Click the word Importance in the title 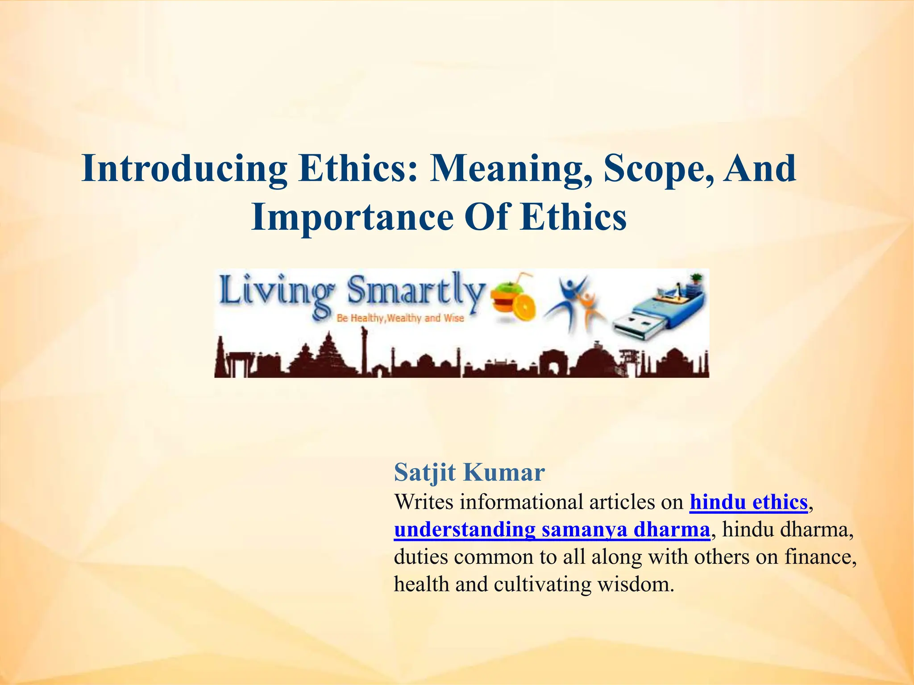pos(352,218)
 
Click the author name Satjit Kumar pos(469,472)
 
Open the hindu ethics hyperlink pos(748,502)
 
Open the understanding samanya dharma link pos(552,530)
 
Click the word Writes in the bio pos(424,502)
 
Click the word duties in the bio pos(420,557)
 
